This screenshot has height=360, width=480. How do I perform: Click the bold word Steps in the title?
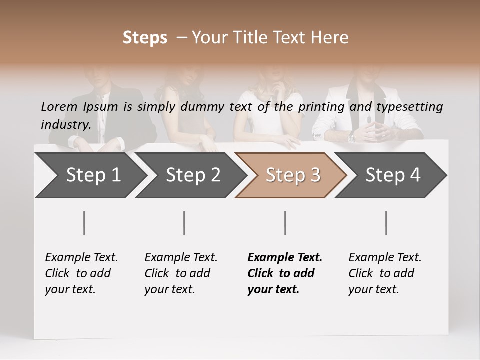(145, 38)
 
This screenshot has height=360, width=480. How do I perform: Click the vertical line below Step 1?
(84, 223)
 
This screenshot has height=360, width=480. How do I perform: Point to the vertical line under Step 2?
(184, 223)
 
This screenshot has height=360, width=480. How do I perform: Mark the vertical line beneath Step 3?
(285, 223)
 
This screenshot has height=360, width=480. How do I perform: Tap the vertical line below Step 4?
(386, 223)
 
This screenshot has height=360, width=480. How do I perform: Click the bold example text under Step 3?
(285, 273)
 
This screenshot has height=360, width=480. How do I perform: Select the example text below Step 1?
(81, 273)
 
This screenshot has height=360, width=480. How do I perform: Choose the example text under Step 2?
(181, 273)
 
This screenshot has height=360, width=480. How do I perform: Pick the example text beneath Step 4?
(385, 273)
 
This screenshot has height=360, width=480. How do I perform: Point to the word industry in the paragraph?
(65, 125)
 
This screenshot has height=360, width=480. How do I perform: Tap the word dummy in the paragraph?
(204, 107)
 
